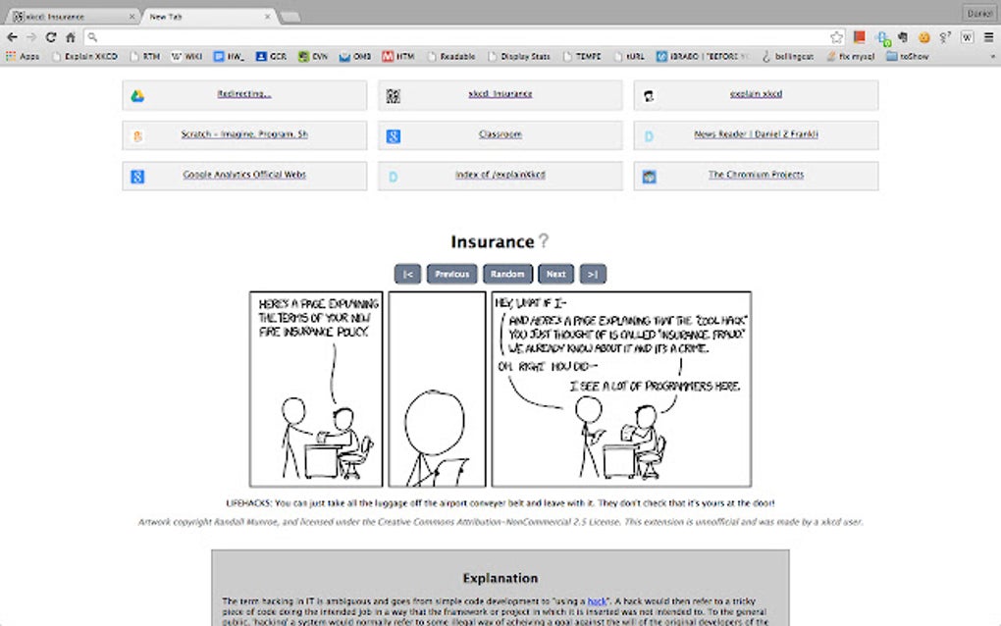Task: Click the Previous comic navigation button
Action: (451, 275)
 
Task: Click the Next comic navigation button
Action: (555, 275)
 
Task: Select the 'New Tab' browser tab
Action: (206, 17)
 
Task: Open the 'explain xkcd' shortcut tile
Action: (756, 95)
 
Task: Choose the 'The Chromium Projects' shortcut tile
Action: (756, 176)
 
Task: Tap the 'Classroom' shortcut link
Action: (500, 135)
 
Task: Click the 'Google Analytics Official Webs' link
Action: (244, 176)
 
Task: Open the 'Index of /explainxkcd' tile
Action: (500, 176)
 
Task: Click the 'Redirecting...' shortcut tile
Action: (244, 95)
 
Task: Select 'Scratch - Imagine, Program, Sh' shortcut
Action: (244, 135)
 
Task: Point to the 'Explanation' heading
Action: (500, 578)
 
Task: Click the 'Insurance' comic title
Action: (492, 242)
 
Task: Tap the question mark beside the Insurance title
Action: (543, 241)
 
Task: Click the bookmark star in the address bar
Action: (836, 37)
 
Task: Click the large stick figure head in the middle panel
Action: (437, 421)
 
